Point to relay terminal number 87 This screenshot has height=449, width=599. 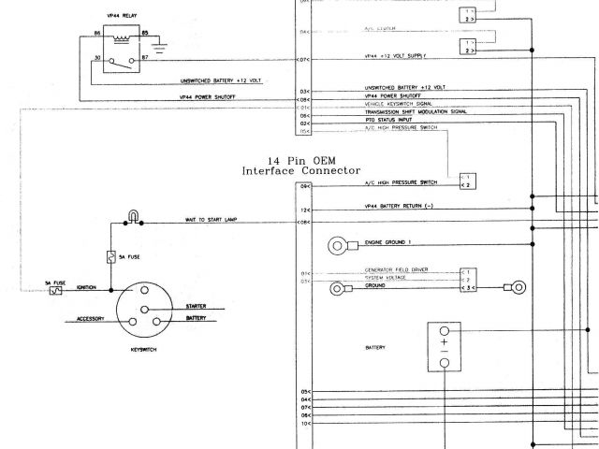tap(144, 58)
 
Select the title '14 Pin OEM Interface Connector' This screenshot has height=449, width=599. tap(300, 165)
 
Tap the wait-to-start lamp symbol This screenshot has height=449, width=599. tap(134, 219)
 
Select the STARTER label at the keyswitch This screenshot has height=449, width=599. tap(197, 305)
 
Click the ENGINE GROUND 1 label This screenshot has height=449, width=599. tap(386, 242)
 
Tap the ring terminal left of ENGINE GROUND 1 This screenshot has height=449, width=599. tap(338, 245)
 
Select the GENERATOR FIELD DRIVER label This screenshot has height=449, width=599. tap(397, 269)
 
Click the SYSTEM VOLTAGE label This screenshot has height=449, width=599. tap(386, 278)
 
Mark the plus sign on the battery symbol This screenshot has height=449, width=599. tap(445, 341)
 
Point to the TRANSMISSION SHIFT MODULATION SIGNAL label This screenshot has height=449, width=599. tap(416, 110)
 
